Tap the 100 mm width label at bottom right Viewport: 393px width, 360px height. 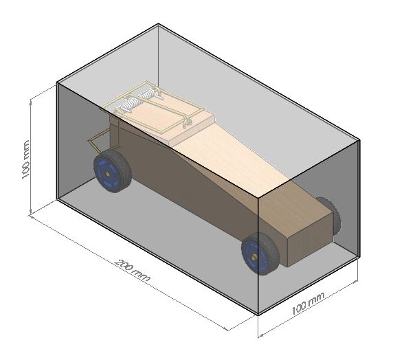(x=308, y=304)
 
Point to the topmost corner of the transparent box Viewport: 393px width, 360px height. (x=159, y=24)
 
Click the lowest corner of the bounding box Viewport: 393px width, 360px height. (x=258, y=315)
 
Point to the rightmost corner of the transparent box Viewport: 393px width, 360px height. (x=361, y=142)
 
